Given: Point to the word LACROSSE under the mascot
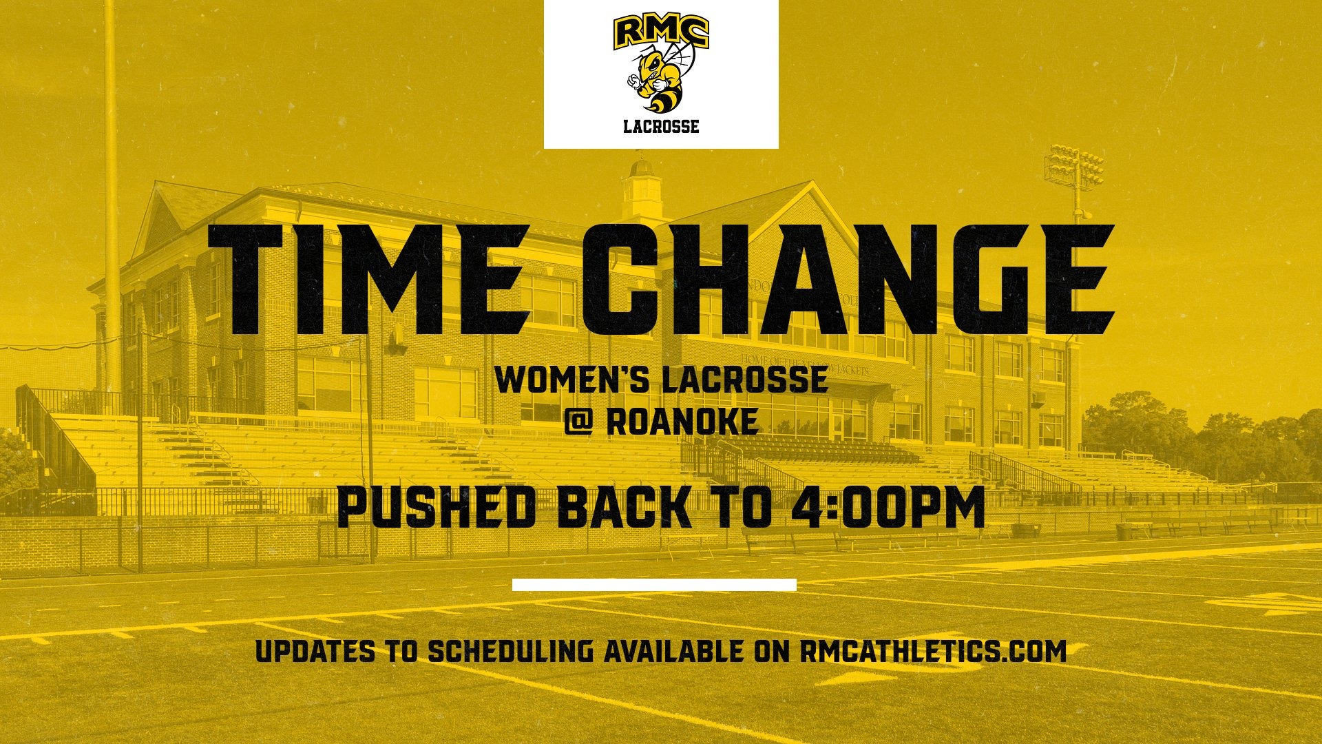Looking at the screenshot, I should click(661, 127).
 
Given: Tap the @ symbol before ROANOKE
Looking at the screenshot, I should click(578, 422).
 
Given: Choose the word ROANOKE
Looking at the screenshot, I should click(682, 422).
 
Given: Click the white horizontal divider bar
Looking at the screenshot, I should click(654, 585).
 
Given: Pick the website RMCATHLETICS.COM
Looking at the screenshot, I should click(932, 651).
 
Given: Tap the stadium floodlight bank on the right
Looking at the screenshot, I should click(1073, 166).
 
